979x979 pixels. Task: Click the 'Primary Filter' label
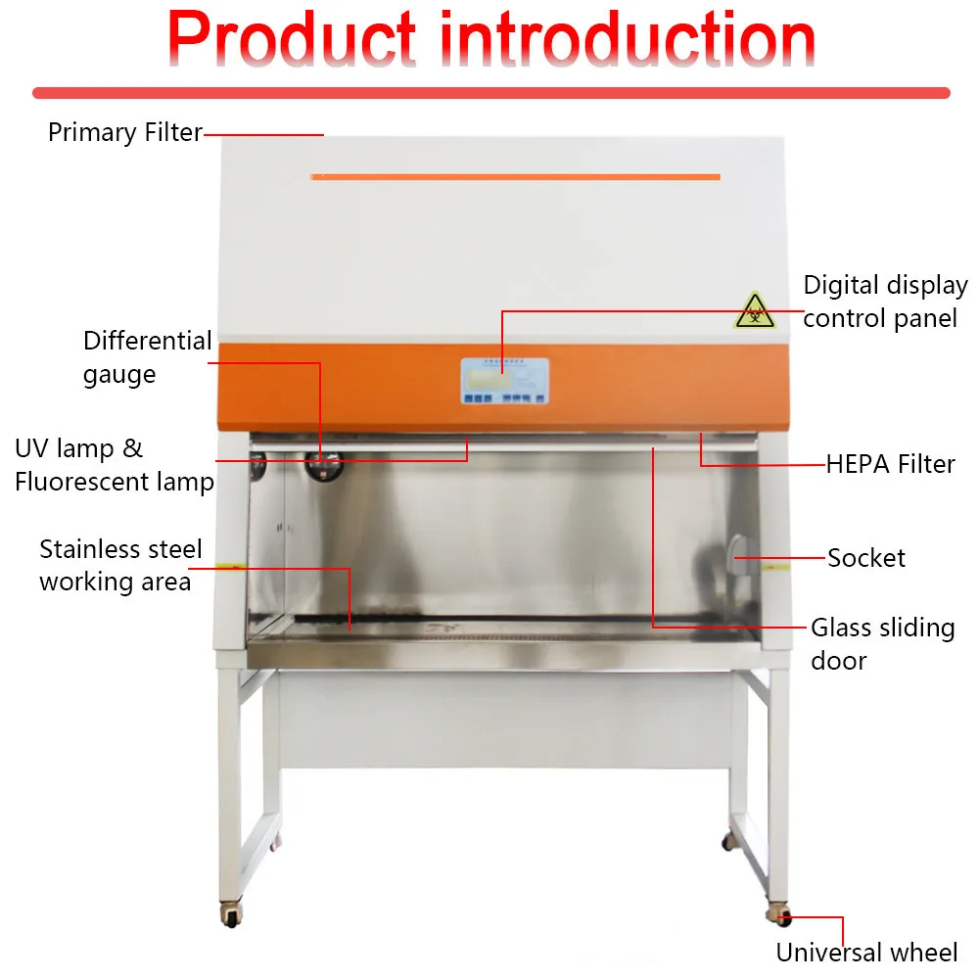pos(124,132)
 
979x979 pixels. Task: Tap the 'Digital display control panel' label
pos(884,302)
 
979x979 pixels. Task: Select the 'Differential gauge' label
pos(147,357)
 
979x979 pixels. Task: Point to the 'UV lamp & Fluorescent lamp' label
pos(113,465)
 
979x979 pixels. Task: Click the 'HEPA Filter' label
pos(890,464)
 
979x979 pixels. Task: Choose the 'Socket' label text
pos(866,558)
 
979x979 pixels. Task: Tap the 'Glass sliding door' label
pos(882,643)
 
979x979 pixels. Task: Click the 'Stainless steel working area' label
pos(120,565)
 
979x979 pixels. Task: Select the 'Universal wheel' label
pos(866,952)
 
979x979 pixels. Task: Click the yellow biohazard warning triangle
pos(755,311)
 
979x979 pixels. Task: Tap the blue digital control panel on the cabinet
pos(504,382)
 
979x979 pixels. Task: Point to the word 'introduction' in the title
pos(627,41)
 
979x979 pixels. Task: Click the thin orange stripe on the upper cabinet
pos(515,177)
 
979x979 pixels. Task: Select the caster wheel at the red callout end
pos(780,915)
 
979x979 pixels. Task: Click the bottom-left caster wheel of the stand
pos(231,917)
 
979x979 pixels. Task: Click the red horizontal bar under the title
pos(490,93)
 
